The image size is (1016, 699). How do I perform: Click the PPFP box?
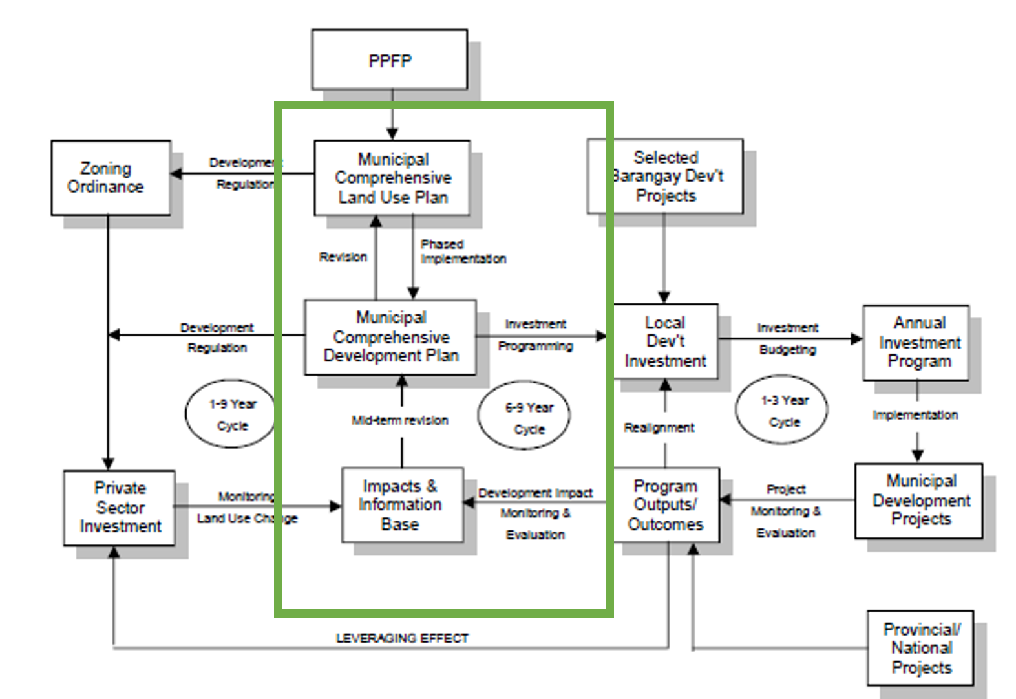(389, 59)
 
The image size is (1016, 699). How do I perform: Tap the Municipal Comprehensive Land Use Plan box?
(392, 178)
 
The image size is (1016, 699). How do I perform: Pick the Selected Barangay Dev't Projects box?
(666, 176)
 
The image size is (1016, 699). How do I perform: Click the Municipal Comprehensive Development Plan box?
(390, 337)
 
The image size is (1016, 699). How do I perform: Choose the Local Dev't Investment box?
(665, 341)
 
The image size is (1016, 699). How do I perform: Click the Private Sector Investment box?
(120, 508)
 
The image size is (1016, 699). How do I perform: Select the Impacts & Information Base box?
(401, 504)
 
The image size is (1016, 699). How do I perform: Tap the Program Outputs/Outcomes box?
(665, 504)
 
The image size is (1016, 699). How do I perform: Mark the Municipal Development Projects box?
(919, 500)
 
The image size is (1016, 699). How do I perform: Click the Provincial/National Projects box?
(920, 648)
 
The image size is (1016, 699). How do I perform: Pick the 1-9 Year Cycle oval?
(231, 414)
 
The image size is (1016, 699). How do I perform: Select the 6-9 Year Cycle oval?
(525, 417)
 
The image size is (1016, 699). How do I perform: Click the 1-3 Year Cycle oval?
(781, 411)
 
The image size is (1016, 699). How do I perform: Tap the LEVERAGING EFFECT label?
(402, 638)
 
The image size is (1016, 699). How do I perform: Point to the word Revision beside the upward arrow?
(343, 257)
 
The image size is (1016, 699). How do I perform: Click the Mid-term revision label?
(399, 420)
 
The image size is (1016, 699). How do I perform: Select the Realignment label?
(659, 427)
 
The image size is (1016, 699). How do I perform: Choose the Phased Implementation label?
(462, 252)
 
